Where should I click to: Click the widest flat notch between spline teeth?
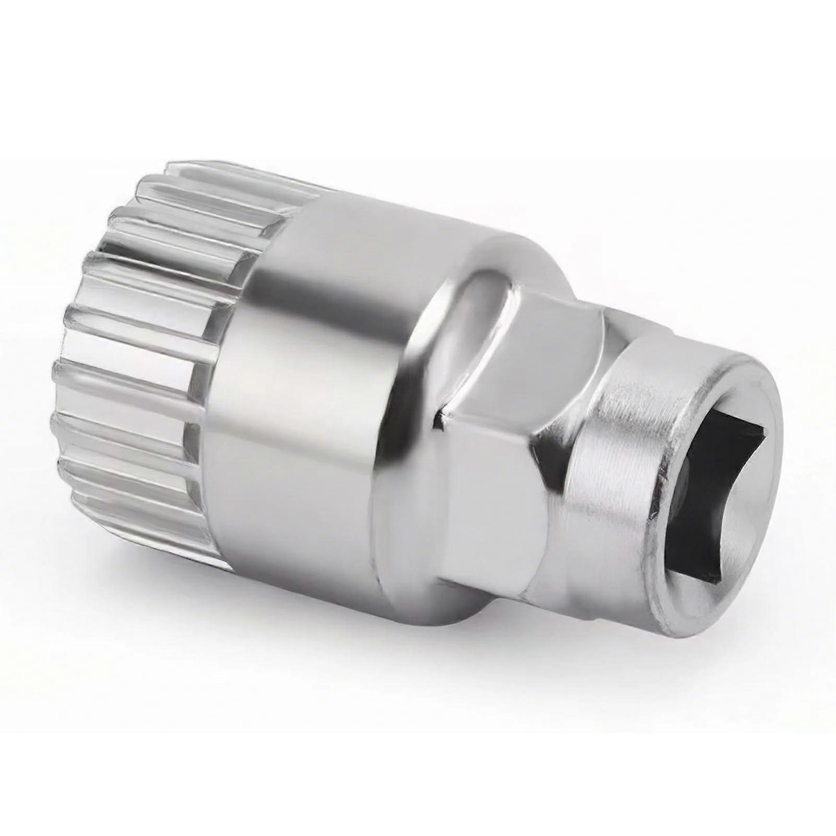click(131, 345)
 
